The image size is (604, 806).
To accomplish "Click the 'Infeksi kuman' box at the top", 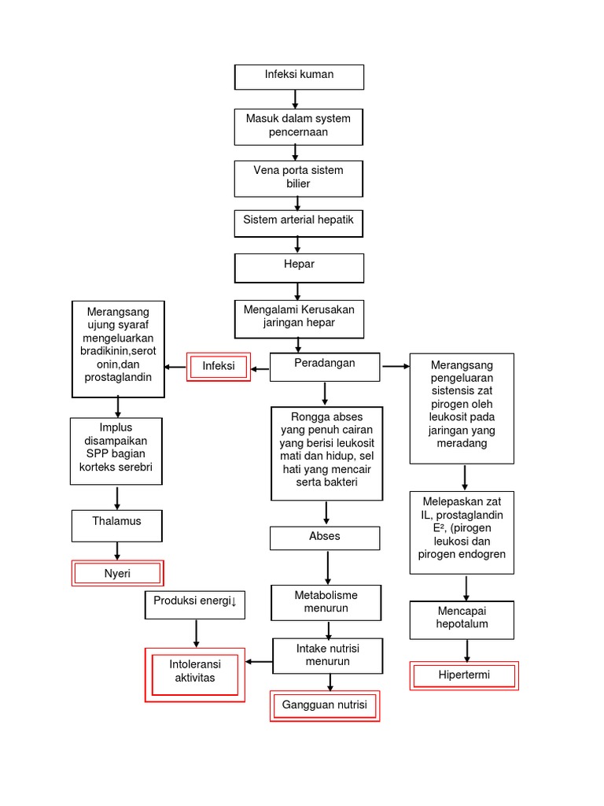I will (299, 76).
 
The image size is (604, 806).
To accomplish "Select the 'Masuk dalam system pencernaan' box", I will (299, 126).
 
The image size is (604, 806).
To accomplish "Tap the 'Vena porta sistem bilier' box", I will (299, 178).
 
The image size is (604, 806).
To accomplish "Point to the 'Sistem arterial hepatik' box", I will (299, 223).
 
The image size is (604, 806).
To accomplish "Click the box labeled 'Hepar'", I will (299, 267).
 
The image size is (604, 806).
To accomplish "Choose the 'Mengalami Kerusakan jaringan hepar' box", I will (299, 317).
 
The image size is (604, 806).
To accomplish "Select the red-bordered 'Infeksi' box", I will (218, 367).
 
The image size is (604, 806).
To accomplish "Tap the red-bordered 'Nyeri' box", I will (117, 574).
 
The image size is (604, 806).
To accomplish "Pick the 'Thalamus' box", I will (117, 526).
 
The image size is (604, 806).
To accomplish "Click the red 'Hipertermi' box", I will (464, 675).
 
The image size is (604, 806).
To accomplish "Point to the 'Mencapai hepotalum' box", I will (463, 619).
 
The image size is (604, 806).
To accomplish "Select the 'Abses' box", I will (325, 538).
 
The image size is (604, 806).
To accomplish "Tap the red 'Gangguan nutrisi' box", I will (325, 706).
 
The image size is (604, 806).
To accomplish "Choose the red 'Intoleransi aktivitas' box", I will (195, 674).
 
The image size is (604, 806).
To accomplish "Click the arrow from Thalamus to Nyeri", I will (118, 551).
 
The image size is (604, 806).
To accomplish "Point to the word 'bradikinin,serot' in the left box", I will (118, 350).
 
